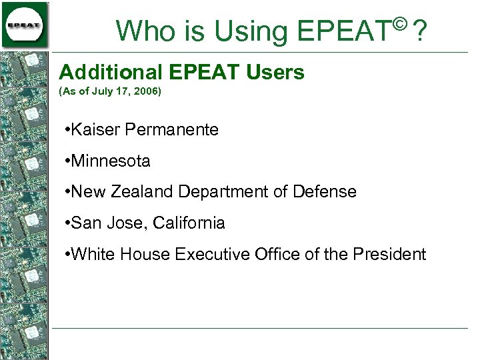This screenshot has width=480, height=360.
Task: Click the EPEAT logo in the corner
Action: [25, 25]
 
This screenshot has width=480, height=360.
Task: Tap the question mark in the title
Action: [420, 30]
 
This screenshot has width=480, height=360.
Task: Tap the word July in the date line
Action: [99, 91]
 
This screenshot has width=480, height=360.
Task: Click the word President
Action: [389, 254]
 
